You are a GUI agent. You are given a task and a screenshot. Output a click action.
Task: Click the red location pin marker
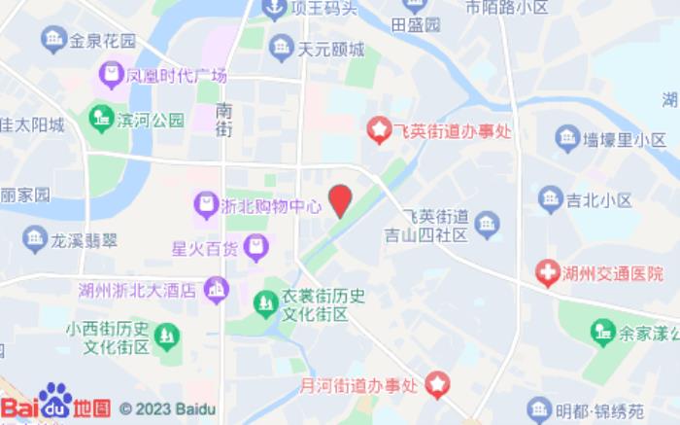(x=340, y=200)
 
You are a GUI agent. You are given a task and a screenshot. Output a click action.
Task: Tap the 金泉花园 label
(x=102, y=41)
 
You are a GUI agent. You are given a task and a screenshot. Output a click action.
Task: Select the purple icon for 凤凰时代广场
(x=111, y=74)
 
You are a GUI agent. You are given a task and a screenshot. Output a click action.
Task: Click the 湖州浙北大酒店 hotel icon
(x=217, y=289)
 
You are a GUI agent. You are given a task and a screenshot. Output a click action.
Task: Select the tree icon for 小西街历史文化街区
(x=167, y=337)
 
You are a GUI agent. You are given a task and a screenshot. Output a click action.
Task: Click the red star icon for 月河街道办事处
(x=438, y=386)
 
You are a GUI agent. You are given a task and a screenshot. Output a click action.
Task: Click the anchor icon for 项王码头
(x=274, y=10)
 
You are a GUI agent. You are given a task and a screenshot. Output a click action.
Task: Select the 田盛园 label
(x=416, y=24)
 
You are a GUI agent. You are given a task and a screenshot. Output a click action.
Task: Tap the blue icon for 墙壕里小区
(x=567, y=138)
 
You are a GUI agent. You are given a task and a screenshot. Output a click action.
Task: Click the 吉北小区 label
(x=599, y=200)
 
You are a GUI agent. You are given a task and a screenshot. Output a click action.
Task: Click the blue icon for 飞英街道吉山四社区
(x=488, y=224)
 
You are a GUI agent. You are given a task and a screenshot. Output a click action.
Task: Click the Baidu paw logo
(x=55, y=401)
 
